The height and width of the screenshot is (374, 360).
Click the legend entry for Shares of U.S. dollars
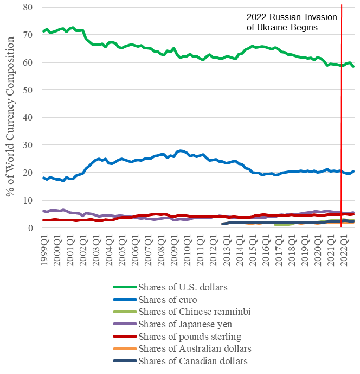[x=182, y=287]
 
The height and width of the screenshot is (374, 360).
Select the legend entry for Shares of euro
[x=167, y=299]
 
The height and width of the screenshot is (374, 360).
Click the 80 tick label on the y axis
[x=27, y=7]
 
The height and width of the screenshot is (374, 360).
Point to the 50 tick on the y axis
[x=27, y=90]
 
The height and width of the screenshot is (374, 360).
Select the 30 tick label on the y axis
[x=27, y=145]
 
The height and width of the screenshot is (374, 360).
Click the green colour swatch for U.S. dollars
[x=124, y=287]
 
